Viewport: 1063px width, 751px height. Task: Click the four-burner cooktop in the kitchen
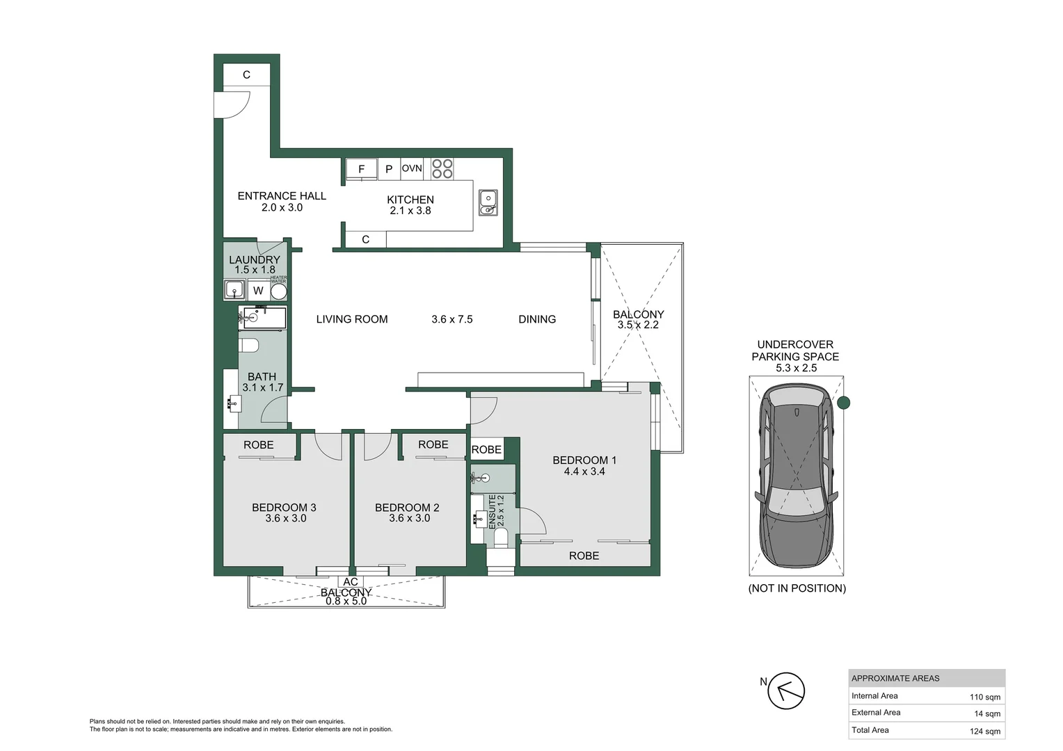[x=442, y=168]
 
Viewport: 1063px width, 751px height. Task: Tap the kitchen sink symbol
[x=488, y=202]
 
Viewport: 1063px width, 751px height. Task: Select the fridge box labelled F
[x=361, y=169]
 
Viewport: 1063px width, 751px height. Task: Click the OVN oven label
[x=412, y=168]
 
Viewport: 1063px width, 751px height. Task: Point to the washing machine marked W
[x=258, y=291]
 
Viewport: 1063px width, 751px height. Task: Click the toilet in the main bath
[x=249, y=345]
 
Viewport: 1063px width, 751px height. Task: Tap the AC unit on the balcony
[x=351, y=582]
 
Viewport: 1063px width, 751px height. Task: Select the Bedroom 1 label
[x=584, y=460]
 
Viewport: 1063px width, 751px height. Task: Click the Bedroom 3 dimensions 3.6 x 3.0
[x=286, y=518]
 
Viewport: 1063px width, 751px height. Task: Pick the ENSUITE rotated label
[x=492, y=511]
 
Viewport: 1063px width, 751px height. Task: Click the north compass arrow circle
[x=786, y=691]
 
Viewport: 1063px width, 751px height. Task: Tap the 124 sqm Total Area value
[x=985, y=731]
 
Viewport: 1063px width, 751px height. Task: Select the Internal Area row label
[x=874, y=696]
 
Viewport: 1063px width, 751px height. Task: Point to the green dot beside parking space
[x=844, y=403]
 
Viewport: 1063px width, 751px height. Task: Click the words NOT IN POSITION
[x=797, y=588]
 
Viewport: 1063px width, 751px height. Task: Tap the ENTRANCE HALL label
[x=282, y=196]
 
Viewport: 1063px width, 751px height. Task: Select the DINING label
[x=537, y=319]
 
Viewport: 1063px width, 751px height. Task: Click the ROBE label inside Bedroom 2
[x=433, y=444]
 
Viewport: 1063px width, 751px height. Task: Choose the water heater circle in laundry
[x=278, y=291]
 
